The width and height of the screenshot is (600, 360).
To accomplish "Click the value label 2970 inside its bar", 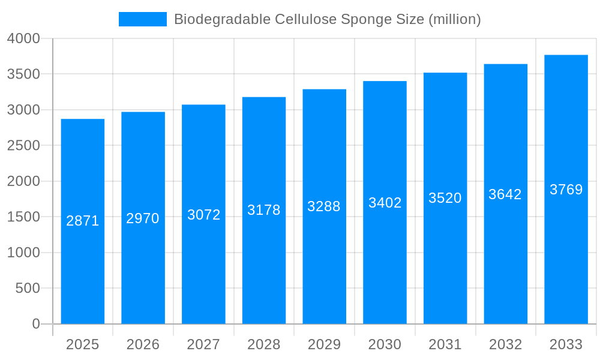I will [x=143, y=218].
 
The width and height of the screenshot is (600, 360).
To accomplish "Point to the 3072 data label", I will [x=204, y=215].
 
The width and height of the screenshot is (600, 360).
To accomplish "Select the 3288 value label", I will [x=324, y=206].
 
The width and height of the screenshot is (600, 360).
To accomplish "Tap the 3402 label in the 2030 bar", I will [x=385, y=203].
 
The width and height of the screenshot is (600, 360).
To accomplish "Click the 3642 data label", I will [x=505, y=194].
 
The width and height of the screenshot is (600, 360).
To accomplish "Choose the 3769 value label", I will [x=566, y=190].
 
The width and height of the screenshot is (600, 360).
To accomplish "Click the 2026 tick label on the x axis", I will [x=143, y=345].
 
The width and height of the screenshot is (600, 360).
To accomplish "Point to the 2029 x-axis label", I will [x=324, y=345].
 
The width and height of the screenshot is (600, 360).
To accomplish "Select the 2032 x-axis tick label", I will [x=505, y=345].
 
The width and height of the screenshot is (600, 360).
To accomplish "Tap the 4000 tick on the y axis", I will [x=23, y=39].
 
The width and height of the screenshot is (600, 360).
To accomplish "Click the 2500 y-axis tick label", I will [x=23, y=146].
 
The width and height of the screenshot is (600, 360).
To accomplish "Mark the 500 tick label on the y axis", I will [x=28, y=289].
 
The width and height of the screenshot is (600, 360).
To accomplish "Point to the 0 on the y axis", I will [x=36, y=324].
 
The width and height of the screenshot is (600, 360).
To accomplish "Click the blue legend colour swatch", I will [x=143, y=19].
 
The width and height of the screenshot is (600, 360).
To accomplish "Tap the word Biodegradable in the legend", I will [x=222, y=20].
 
